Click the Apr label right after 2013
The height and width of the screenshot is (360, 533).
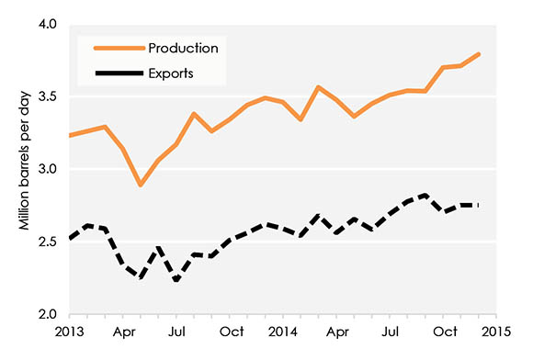(x=125, y=332)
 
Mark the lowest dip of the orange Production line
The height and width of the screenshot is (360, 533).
(x=141, y=185)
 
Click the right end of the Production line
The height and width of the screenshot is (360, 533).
(x=479, y=54)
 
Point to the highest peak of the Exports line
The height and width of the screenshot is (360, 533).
(x=425, y=195)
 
